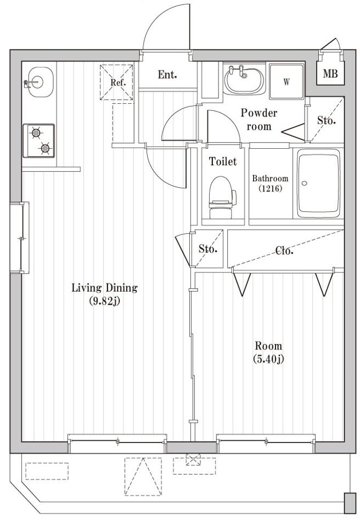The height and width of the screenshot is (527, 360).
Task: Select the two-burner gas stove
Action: [x=38, y=141]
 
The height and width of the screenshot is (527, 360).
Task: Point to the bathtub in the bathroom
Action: [x=318, y=186]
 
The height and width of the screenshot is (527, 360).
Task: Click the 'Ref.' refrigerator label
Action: [x=119, y=82]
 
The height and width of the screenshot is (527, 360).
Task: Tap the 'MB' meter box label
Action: [x=330, y=74]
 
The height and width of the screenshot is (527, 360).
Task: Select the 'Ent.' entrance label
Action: [x=167, y=75]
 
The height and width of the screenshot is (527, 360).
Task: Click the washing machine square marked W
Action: [x=286, y=81]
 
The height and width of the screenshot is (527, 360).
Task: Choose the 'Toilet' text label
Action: [x=222, y=161]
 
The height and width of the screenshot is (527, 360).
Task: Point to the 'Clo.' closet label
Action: [x=284, y=250]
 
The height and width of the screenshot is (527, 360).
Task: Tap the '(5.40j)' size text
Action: [x=268, y=359]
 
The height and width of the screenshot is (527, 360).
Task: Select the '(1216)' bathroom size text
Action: [x=270, y=188]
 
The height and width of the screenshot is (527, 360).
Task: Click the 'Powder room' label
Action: [x=259, y=119]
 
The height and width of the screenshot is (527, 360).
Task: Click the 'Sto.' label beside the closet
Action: [x=208, y=249]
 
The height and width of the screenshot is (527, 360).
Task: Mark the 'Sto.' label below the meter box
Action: [x=326, y=120]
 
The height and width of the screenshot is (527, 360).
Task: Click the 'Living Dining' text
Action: [x=104, y=288]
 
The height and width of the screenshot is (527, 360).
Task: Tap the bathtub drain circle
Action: [x=304, y=183]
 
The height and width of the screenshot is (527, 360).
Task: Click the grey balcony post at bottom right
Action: [x=350, y=503]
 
